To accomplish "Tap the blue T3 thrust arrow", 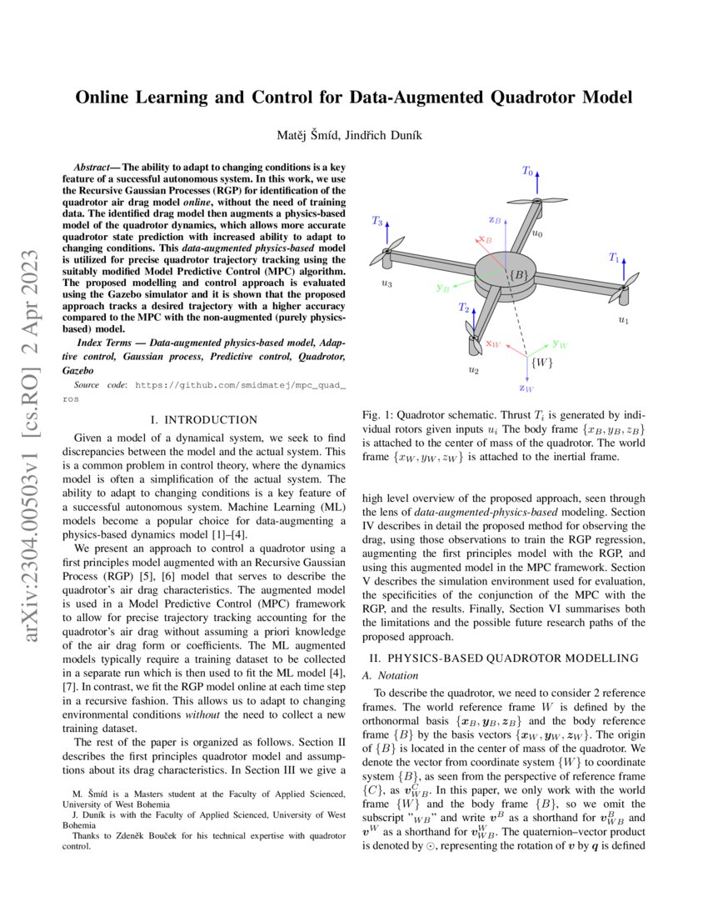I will pyautogui.click(x=387, y=236).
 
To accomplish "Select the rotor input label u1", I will pyautogui.click(x=623, y=319).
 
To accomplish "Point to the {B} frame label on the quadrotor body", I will pyautogui.click(x=518, y=274).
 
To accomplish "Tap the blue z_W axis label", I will pyautogui.click(x=526, y=388).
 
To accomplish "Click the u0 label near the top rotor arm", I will pyautogui.click(x=537, y=234).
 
